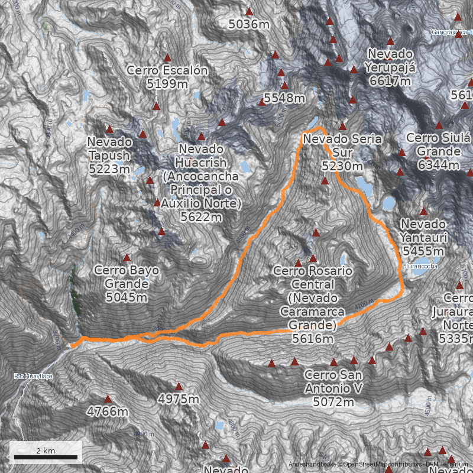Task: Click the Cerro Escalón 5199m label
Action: tap(167, 77)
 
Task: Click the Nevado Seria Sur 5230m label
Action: tap(342, 153)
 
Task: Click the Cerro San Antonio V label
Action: tap(333, 388)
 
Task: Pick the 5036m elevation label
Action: tap(249, 24)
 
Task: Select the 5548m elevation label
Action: tap(284, 98)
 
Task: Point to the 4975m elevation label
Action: tap(179, 399)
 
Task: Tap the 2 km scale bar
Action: tap(46, 456)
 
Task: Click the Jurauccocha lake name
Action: tap(421, 267)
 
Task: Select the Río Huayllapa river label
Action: tap(33, 376)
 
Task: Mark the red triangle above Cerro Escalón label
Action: tap(167, 58)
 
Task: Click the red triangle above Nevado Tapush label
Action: tap(109, 129)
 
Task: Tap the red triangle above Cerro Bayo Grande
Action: tap(127, 258)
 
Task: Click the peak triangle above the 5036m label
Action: tap(249, 11)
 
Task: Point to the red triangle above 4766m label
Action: tap(108, 399)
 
